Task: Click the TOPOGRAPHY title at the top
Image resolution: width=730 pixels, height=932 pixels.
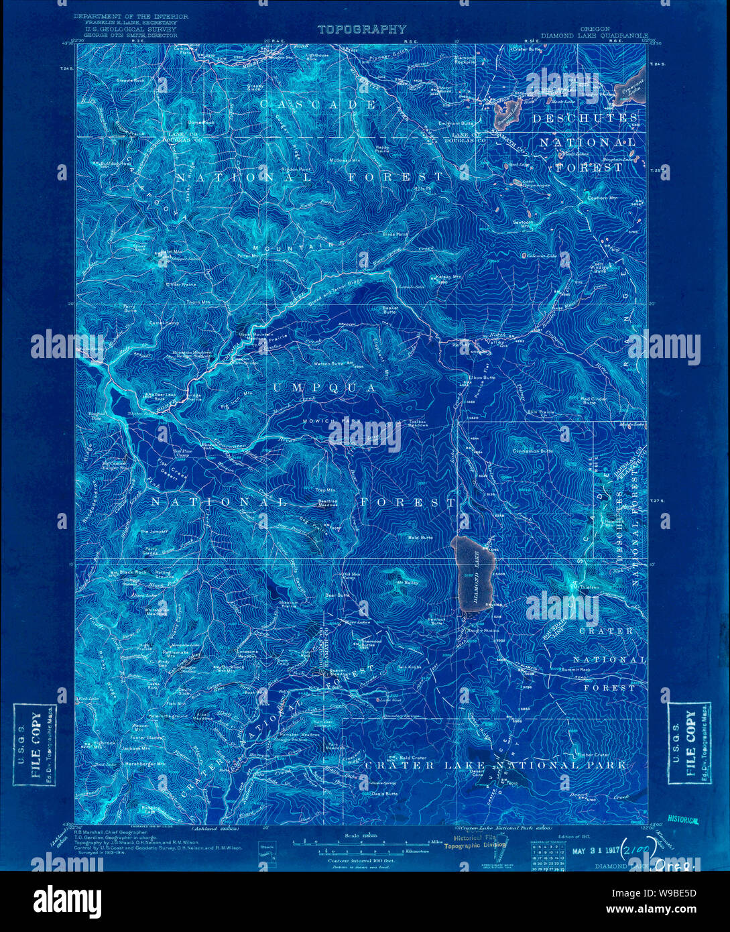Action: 361,29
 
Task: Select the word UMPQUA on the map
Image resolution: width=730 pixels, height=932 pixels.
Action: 325,388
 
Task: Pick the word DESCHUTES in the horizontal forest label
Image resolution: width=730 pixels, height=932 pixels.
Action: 585,118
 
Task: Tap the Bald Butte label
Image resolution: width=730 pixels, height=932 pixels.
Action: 420,537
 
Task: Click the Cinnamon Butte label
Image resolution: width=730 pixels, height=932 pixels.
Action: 533,451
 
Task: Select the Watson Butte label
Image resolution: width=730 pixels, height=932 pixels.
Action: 333,363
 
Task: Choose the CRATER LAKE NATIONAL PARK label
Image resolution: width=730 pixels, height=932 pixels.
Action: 496,765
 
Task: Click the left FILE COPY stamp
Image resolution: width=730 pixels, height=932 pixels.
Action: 35,745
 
